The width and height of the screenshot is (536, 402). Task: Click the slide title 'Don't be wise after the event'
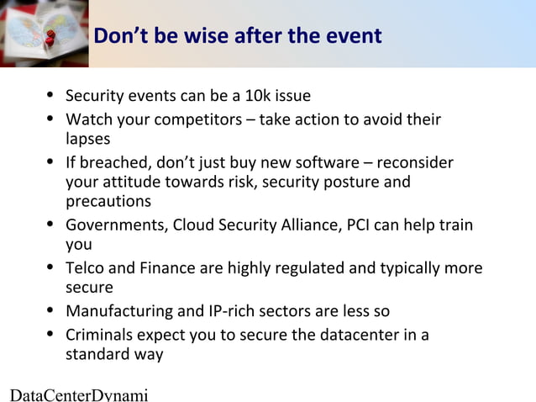coord(238,36)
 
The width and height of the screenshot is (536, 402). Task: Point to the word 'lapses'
coord(87,138)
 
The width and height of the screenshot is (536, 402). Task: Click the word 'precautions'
coord(108,201)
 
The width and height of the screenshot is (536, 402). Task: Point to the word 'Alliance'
coord(308,225)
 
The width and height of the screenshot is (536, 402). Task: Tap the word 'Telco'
coord(86,268)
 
